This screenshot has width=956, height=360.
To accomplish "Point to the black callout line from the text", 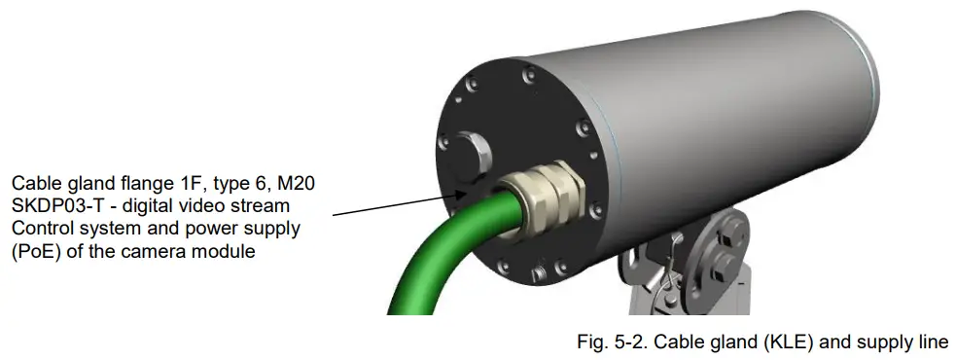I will point(389,201).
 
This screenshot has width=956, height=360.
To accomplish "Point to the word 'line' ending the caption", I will point(932,342).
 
